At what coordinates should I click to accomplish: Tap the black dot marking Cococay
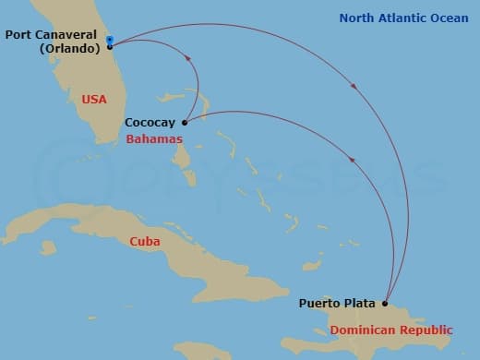pos(185,122)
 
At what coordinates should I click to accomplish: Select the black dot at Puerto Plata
pos(384,303)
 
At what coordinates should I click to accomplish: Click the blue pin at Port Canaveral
pos(110,40)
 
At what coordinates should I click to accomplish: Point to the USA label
pos(94,99)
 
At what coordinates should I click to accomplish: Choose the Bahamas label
pos(154,138)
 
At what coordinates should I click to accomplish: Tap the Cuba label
pos(145,242)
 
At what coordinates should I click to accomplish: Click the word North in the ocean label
pos(357,18)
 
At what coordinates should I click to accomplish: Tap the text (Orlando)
pos(69,48)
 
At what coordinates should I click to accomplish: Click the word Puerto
pos(319,303)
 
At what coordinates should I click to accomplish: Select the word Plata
pos(361,303)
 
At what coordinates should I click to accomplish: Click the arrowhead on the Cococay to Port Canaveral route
pos(189,57)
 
